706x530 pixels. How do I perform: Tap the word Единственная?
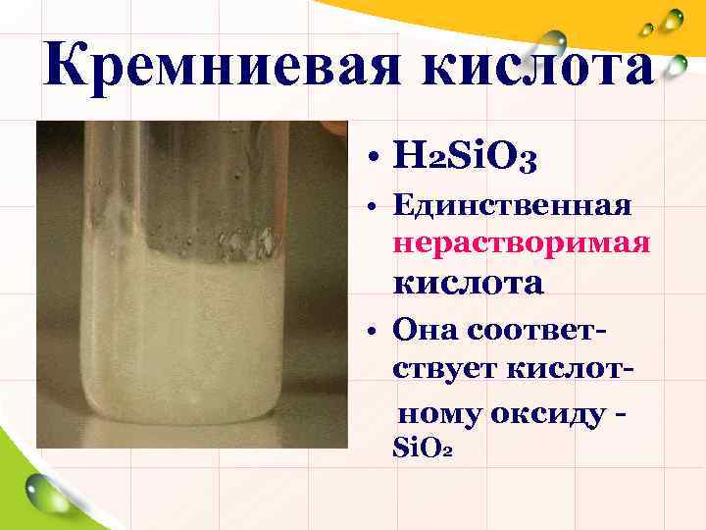click(x=509, y=206)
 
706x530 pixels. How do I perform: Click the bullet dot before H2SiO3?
click(x=376, y=157)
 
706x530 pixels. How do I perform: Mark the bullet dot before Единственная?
click(x=376, y=209)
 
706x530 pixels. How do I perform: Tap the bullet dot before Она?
click(x=376, y=332)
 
